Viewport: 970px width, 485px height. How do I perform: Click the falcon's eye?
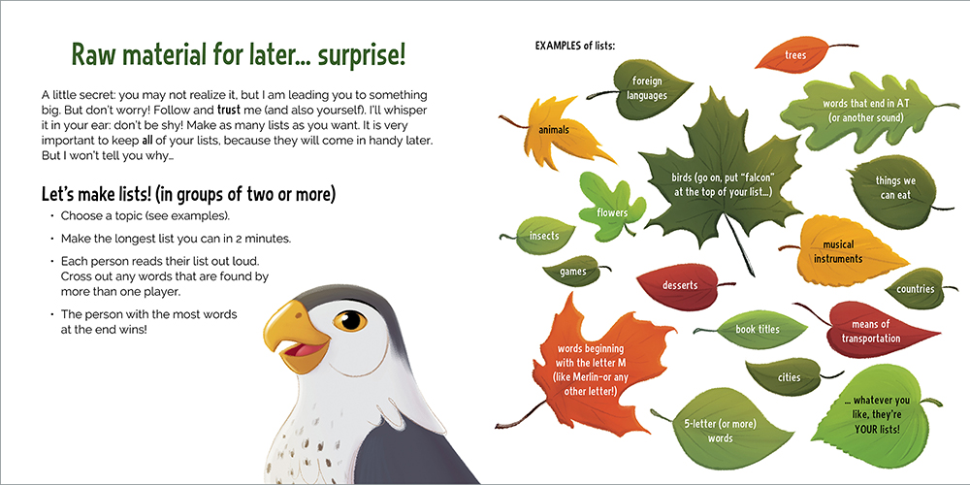349,321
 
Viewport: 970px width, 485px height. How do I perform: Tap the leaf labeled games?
573,271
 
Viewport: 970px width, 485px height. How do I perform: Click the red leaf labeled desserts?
681,285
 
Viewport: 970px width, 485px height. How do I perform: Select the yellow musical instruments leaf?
841,250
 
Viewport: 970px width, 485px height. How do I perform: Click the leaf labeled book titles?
757,329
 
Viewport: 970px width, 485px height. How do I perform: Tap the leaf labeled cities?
789,376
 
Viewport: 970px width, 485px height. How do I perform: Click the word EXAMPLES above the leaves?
559,46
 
